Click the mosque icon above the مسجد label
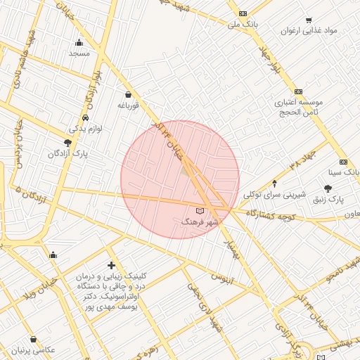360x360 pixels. (x=79, y=42)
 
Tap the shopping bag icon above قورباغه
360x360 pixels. (x=127, y=94)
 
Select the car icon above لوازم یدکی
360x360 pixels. (x=85, y=117)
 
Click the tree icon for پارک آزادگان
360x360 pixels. (x=68, y=143)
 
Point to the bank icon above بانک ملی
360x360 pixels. (x=243, y=13)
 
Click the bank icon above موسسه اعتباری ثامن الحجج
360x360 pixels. (x=298, y=91)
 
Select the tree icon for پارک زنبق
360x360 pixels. (x=328, y=188)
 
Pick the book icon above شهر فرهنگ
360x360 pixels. (x=200, y=210)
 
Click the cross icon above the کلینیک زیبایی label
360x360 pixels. (x=111, y=265)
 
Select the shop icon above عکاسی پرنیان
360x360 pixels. (x=34, y=339)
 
